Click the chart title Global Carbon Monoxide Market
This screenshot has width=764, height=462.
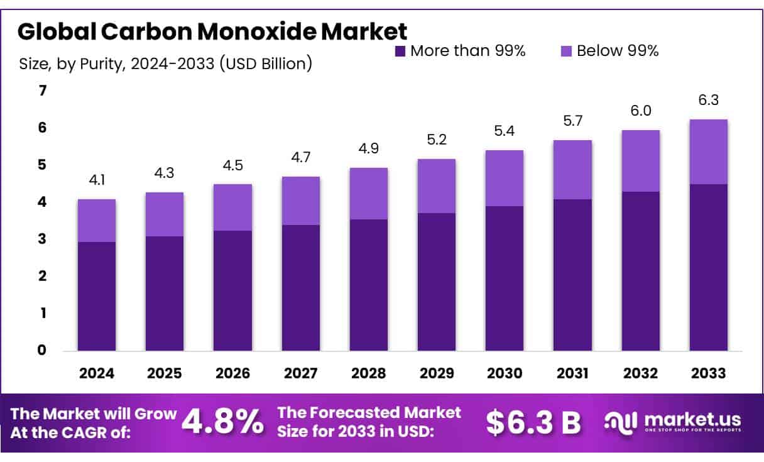212,31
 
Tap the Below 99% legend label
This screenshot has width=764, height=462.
617,51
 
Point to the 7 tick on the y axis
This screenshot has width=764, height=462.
43,91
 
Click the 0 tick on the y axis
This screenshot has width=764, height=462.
43,350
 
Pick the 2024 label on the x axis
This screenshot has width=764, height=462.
97,373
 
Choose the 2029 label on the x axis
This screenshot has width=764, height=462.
437,373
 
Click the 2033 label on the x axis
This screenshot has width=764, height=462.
708,373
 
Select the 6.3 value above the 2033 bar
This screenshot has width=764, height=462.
708,101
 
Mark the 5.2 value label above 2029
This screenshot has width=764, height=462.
437,141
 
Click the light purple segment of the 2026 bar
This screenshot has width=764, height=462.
232,207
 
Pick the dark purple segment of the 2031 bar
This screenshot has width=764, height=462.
572,275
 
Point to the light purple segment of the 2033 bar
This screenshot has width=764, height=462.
708,151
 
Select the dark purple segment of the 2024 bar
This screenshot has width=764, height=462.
97,296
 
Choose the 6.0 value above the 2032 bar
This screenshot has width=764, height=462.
640,111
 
